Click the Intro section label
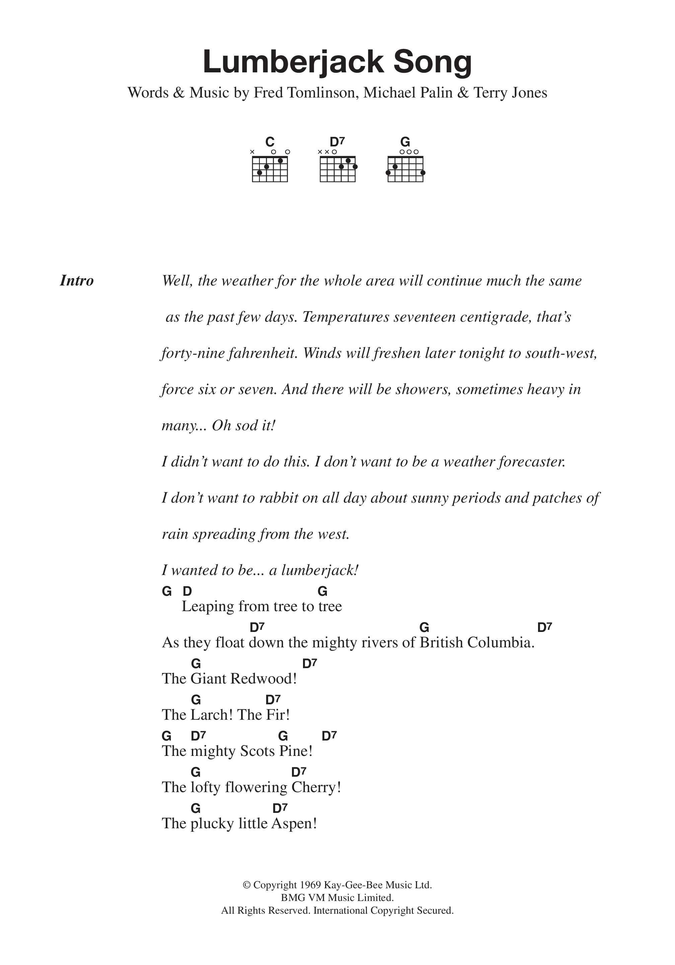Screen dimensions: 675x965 click(x=77, y=281)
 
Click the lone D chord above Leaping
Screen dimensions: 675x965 click(x=187, y=592)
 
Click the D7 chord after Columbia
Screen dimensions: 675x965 click(x=544, y=628)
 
